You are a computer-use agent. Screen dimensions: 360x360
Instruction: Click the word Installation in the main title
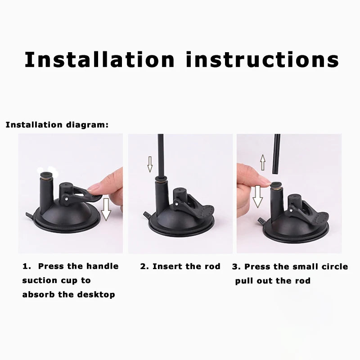pyautogui.click(x=99, y=59)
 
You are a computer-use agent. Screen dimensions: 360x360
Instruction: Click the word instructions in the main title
pyautogui.click(x=262, y=59)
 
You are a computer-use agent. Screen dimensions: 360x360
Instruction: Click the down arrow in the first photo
pyautogui.click(x=106, y=210)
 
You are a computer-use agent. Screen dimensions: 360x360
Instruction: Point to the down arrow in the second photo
pyautogui.click(x=150, y=165)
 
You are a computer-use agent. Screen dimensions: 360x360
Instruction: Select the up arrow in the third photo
pyautogui.click(x=263, y=161)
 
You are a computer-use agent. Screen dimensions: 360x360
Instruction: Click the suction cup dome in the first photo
pyautogui.click(x=67, y=211)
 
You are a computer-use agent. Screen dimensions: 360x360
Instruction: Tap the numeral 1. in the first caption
pyautogui.click(x=27, y=266)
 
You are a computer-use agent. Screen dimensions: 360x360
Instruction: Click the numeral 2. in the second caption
pyautogui.click(x=144, y=266)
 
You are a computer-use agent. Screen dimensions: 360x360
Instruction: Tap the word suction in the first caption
pyautogui.click(x=39, y=280)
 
